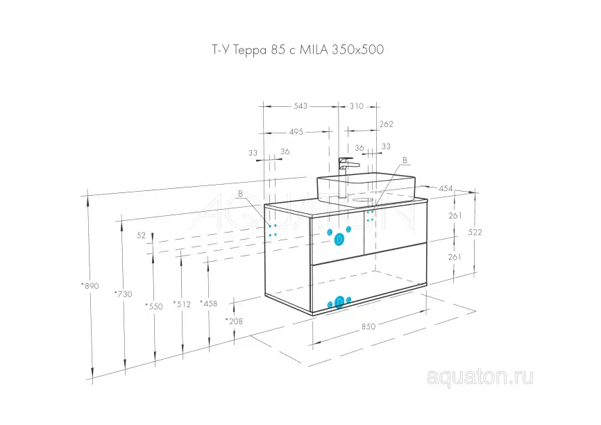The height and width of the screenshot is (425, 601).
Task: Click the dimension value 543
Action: (x=300, y=106)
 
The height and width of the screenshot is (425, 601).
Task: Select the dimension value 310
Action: (x=356, y=106)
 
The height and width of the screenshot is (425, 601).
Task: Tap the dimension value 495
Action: (x=296, y=132)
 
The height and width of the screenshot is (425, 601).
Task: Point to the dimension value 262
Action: (x=387, y=124)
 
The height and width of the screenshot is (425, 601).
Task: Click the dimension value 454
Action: (x=446, y=189)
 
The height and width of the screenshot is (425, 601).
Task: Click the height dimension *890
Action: (x=91, y=285)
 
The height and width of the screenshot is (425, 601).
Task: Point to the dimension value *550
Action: (x=153, y=306)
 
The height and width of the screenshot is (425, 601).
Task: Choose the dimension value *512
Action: (x=181, y=304)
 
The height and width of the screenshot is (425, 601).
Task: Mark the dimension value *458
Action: (x=209, y=303)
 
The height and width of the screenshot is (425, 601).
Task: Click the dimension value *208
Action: (x=234, y=321)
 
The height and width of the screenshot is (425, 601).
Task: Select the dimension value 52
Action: (x=141, y=235)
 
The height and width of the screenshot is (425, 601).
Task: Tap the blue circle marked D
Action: (x=339, y=239)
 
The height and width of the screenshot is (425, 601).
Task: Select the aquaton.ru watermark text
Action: (x=480, y=377)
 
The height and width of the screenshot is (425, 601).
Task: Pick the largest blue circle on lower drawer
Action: (x=339, y=302)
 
